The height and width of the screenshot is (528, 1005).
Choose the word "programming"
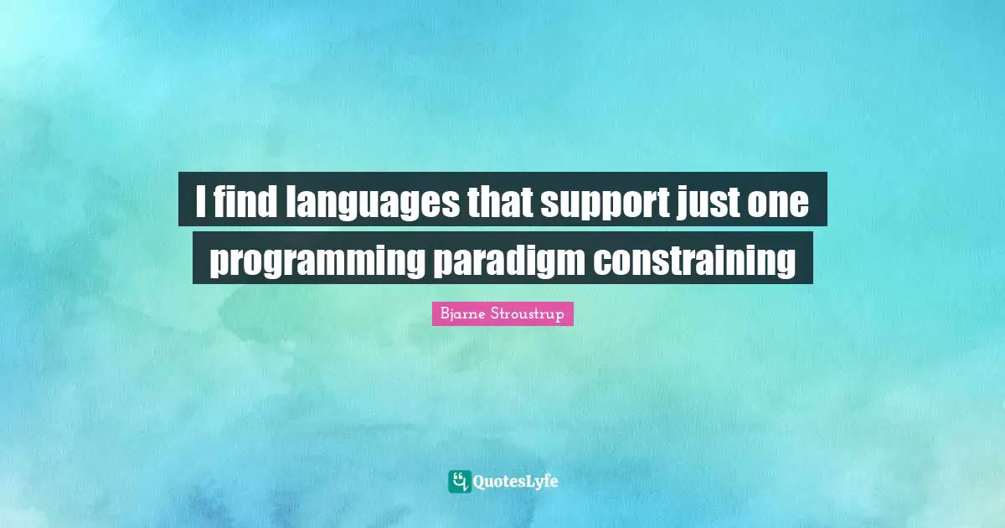[316, 261]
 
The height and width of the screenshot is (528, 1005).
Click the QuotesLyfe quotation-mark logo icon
[459, 481]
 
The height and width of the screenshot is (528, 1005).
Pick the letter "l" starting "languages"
[290, 200]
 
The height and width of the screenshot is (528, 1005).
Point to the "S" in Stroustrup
[495, 313]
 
